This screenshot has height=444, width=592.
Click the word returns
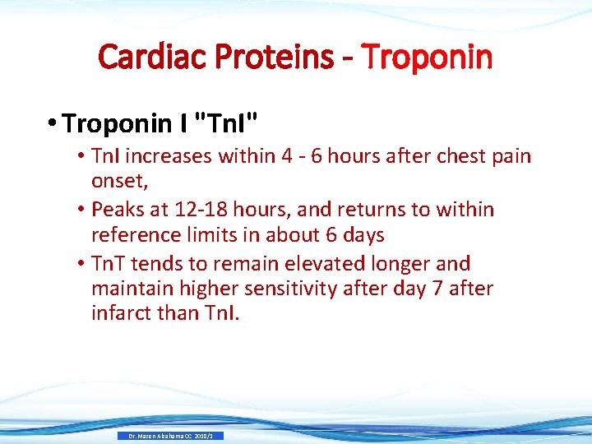coord(363,210)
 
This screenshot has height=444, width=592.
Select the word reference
coord(136,236)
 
